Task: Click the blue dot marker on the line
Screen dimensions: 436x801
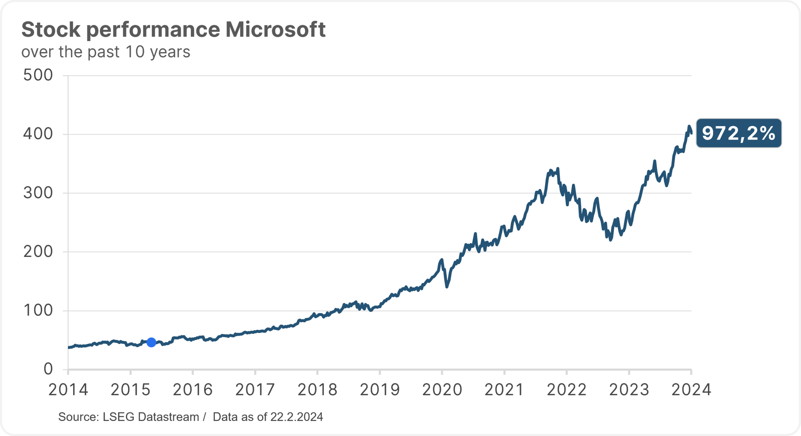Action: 151,342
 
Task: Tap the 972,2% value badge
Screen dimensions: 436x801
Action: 739,133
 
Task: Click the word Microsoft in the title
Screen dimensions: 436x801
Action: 276,29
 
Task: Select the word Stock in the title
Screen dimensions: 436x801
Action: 51,29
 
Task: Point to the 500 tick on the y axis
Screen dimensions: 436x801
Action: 38,75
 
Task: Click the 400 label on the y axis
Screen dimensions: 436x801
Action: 38,134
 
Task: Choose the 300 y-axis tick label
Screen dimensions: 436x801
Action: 38,193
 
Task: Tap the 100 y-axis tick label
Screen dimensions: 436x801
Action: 38,310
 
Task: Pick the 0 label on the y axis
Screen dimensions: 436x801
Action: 48,369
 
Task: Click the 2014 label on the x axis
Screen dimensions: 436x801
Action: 68,390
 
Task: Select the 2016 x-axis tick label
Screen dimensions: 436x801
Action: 193,390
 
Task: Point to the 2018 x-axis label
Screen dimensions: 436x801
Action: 317,390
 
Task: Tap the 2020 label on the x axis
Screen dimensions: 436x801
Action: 442,390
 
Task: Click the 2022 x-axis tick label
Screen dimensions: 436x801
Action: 567,390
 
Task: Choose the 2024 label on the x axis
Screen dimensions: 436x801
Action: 691,390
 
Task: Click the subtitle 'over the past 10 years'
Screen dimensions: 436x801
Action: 106,52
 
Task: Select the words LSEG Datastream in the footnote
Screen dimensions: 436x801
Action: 151,417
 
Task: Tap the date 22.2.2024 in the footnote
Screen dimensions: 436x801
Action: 297,417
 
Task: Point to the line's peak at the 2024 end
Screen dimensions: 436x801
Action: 689,126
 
